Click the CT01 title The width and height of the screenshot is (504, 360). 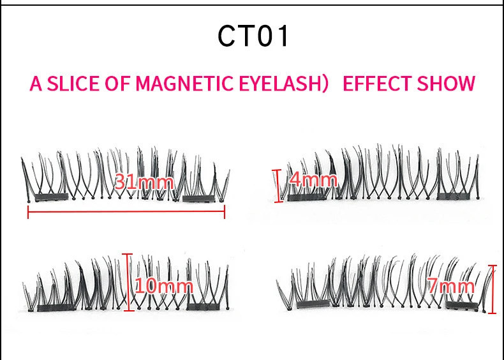tap(253, 36)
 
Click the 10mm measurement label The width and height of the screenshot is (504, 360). tap(164, 285)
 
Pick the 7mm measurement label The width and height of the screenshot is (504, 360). tap(451, 286)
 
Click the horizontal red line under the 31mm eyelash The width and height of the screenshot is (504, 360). tap(126, 213)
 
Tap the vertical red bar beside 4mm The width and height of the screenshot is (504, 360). tap(278, 185)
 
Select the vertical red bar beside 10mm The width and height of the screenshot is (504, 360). tap(130, 282)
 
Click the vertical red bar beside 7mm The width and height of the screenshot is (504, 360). tap(492, 289)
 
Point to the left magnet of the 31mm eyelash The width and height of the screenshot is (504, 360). tap(51, 198)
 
